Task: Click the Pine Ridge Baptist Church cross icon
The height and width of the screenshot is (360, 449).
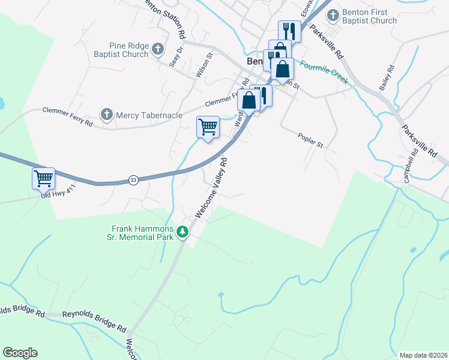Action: (x=158, y=49)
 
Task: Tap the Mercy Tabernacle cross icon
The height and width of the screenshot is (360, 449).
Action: (x=107, y=114)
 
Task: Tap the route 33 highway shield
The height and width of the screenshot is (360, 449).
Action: (x=133, y=179)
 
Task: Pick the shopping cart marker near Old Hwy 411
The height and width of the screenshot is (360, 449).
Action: (x=43, y=178)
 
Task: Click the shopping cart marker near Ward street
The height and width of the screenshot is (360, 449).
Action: (x=208, y=127)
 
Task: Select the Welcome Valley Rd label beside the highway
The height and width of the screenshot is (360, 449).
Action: (x=211, y=188)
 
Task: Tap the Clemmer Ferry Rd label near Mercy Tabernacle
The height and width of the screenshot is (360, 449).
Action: (x=68, y=116)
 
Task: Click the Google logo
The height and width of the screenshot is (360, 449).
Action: (x=20, y=353)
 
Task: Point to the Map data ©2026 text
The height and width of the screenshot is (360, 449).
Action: (x=423, y=355)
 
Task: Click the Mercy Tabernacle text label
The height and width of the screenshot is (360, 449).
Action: (x=149, y=115)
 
